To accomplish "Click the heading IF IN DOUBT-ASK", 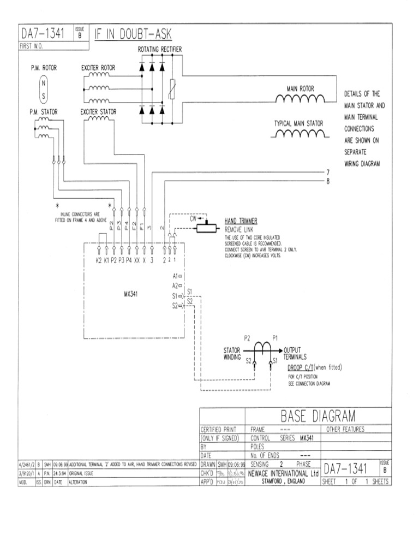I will (x=134, y=35).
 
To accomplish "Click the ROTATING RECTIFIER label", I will (x=159, y=50).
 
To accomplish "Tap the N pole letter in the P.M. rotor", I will (x=43, y=84).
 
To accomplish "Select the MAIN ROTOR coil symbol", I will (x=300, y=99).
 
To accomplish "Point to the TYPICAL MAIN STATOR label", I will (x=298, y=123).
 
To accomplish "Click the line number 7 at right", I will (x=328, y=171).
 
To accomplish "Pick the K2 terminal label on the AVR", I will (x=99, y=260).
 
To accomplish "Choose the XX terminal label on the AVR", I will (x=137, y=260).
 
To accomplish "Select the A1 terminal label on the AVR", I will (x=175, y=276).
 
